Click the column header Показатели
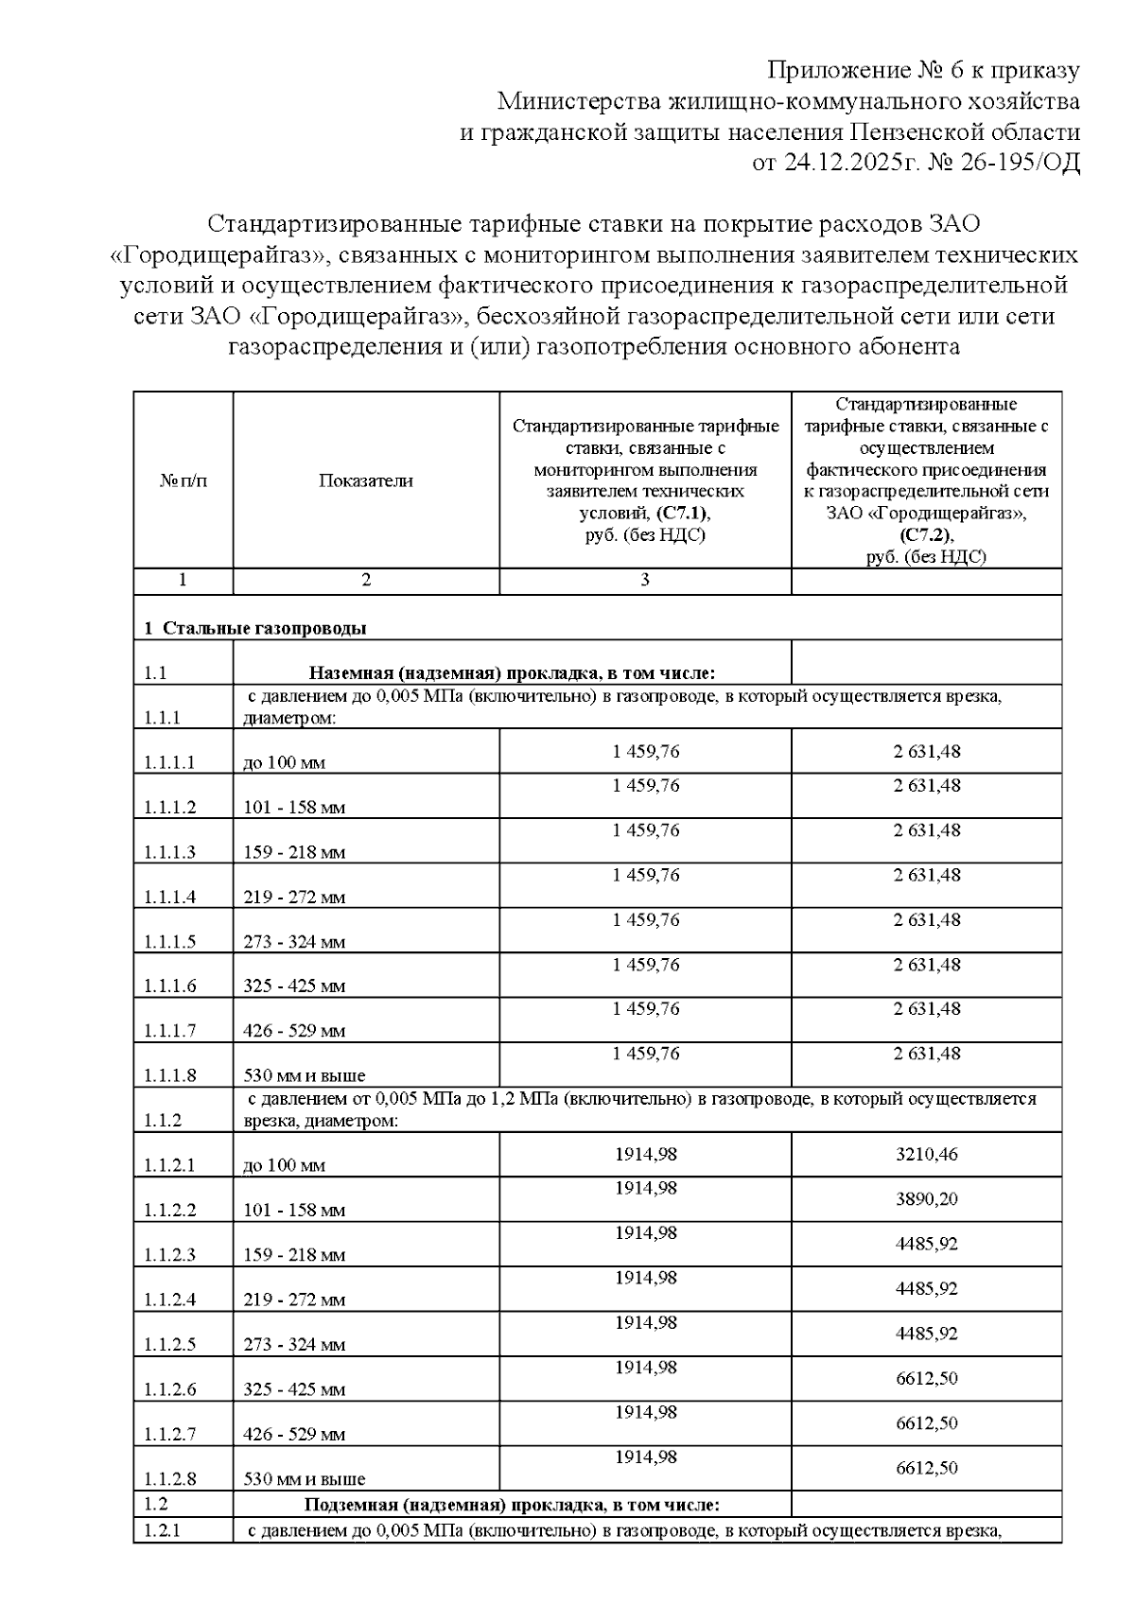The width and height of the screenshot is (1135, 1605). tap(366, 480)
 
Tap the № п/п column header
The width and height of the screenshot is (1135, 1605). tap(183, 480)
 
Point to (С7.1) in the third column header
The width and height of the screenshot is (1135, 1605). tap(681, 513)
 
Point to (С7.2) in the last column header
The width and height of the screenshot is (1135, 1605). tap(926, 535)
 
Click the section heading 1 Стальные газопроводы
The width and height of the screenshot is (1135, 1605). tap(254, 628)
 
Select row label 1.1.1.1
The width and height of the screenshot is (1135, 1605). tap(170, 762)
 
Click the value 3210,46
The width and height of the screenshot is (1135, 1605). tap(926, 1155)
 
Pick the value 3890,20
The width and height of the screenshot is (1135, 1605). tap(926, 1199)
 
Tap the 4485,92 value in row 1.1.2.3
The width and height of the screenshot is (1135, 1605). tap(926, 1244)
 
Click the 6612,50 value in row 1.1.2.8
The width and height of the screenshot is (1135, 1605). tap(926, 1468)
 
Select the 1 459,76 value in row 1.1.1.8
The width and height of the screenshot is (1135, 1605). tap(646, 1054)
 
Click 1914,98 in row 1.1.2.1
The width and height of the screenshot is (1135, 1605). tap(646, 1155)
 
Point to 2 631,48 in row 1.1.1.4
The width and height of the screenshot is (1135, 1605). tap(926, 875)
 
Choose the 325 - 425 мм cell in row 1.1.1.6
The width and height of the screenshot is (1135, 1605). tap(294, 986)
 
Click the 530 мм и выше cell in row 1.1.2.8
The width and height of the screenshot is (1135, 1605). tap(305, 1479)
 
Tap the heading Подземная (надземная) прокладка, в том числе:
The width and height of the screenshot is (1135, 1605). tap(512, 1505)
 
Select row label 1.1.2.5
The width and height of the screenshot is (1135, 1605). tap(170, 1345)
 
